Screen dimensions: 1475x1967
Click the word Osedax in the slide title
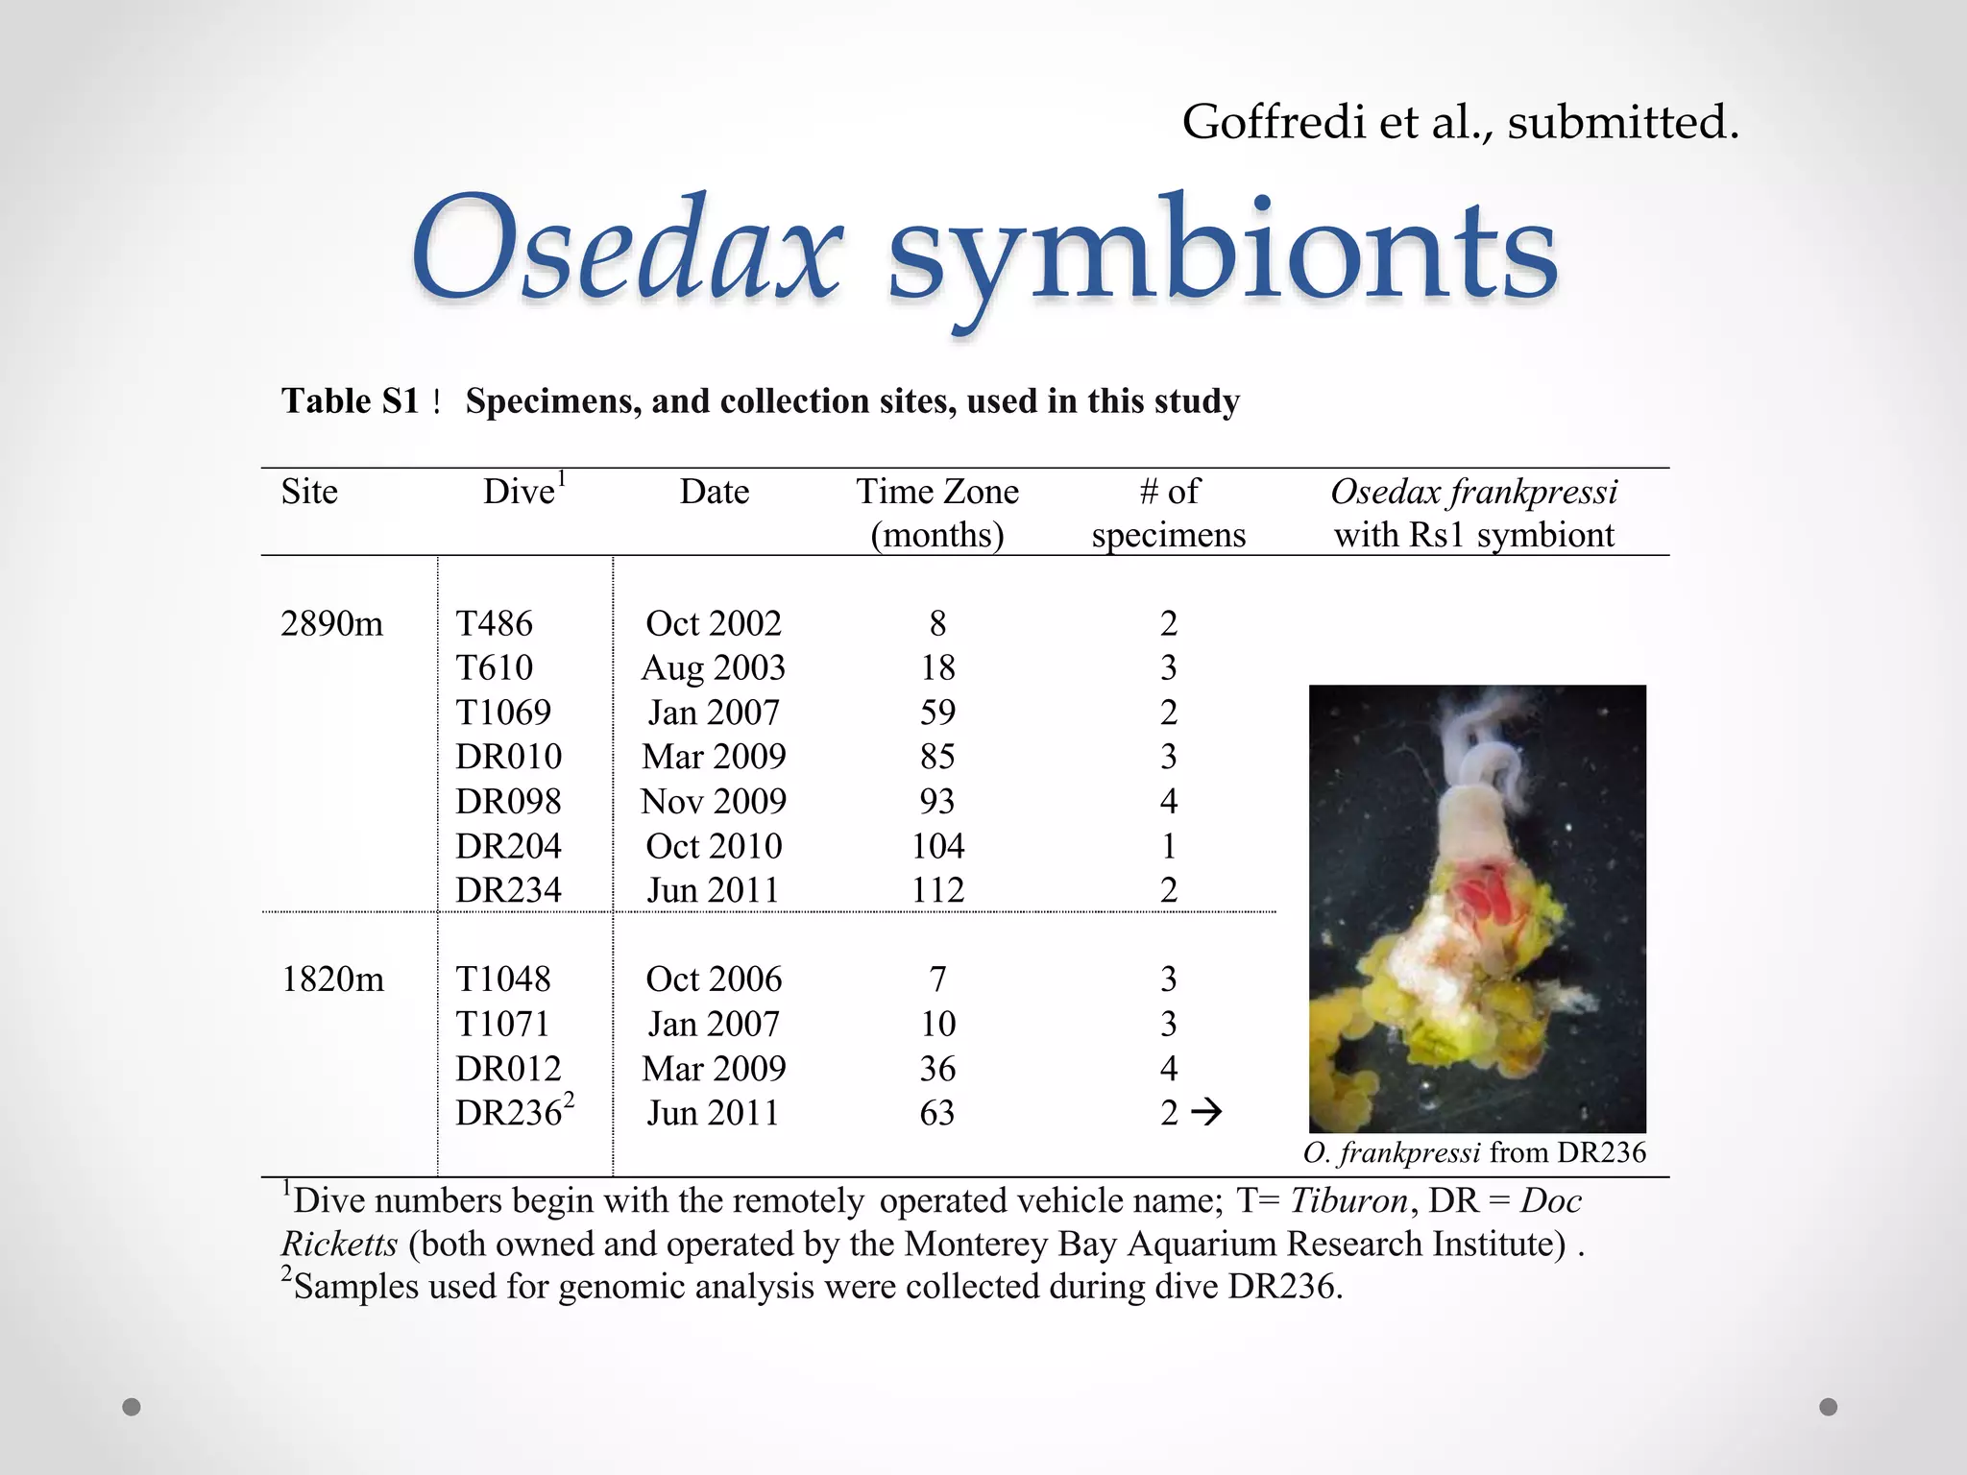point(626,252)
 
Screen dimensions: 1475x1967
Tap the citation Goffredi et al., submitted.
point(1460,123)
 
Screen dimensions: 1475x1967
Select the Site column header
point(309,492)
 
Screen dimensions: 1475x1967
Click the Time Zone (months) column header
point(937,513)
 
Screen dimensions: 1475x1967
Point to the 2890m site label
point(331,624)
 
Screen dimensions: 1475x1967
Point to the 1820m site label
point(332,979)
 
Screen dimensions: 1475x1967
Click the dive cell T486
point(494,624)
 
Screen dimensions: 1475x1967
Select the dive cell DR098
point(508,802)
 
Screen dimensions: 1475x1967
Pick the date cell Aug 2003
point(714,668)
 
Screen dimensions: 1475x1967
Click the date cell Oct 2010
point(714,846)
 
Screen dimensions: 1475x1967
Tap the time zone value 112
point(937,890)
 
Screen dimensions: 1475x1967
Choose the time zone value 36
point(937,1069)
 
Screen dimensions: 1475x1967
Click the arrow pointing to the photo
point(1206,1112)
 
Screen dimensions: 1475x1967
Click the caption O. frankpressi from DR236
point(1474,1152)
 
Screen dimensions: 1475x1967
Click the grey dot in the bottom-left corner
point(132,1407)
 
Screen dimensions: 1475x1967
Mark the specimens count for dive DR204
point(1168,846)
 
